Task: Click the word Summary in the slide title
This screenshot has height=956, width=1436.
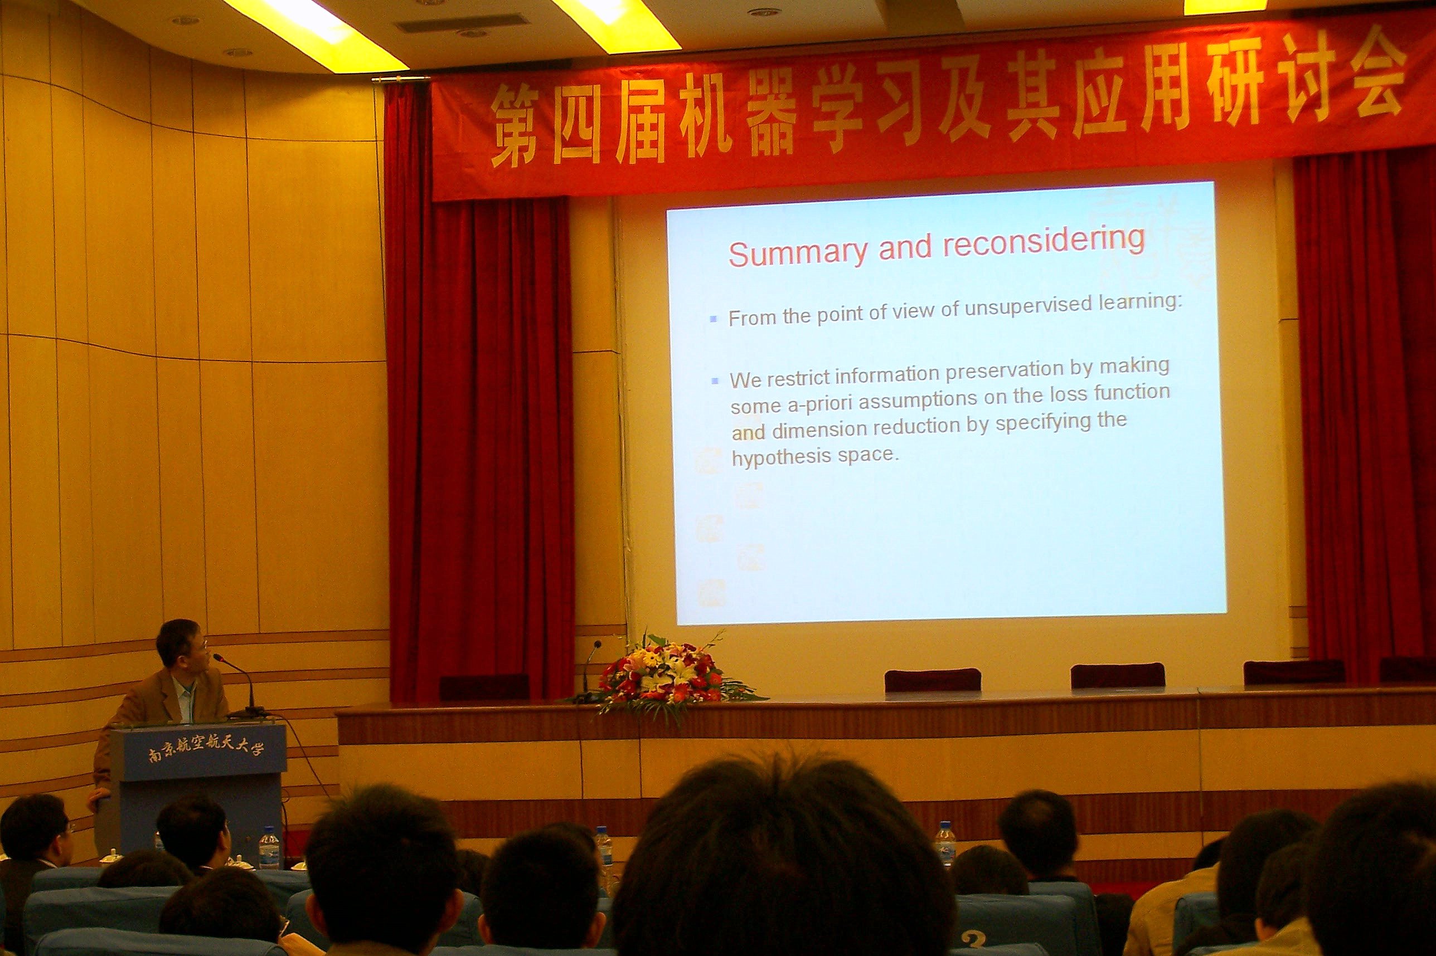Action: [x=797, y=252]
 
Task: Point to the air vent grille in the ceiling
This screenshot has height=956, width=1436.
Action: [x=462, y=25]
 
